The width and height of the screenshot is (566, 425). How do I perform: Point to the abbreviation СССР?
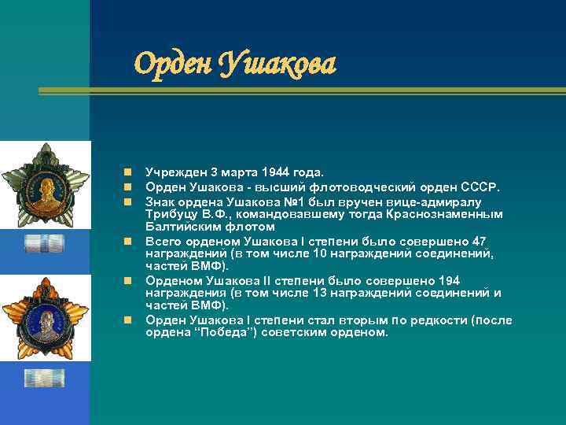pyautogui.click(x=481, y=187)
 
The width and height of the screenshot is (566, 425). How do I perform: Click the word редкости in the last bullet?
pyautogui.click(x=438, y=320)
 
